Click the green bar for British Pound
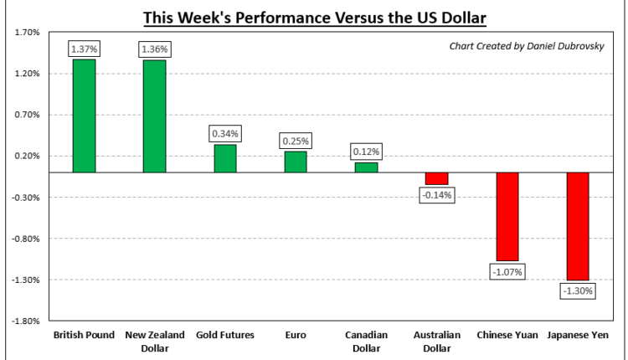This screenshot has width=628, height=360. (84, 116)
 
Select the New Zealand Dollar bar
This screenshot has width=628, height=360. (154, 116)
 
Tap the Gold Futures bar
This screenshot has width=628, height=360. (224, 158)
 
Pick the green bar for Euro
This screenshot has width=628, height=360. (296, 162)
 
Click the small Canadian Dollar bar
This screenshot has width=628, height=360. (366, 167)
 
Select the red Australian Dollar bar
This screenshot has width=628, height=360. (436, 178)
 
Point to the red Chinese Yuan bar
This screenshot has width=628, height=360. (507, 217)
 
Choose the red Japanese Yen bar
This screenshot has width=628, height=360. (578, 226)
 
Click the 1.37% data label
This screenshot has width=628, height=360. (84, 50)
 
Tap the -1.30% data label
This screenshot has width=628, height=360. (578, 291)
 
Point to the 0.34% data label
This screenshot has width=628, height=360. (224, 134)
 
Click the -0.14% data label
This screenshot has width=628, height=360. (436, 195)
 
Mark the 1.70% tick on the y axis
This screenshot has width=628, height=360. (28, 33)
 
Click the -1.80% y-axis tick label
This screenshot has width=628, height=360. (28, 320)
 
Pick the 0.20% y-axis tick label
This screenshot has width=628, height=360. (28, 156)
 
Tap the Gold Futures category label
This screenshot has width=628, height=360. (224, 335)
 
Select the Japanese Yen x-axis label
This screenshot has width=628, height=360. (578, 335)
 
